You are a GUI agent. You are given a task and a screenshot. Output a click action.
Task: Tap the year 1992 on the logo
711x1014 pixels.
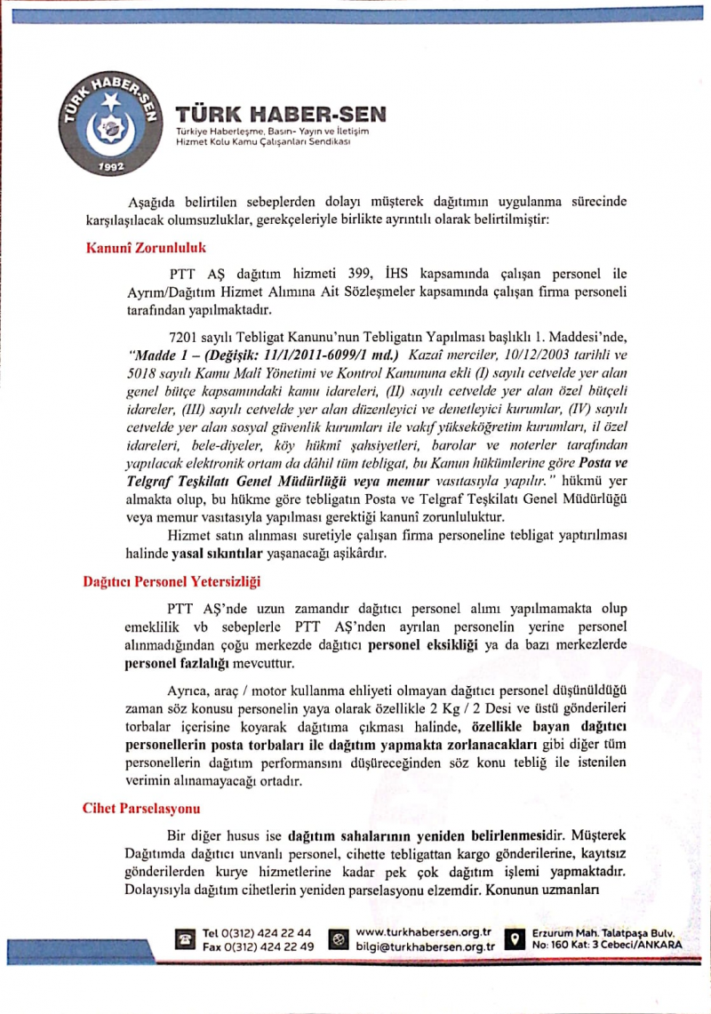(111, 166)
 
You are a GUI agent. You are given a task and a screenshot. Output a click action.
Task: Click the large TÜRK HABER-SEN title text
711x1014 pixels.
(281, 115)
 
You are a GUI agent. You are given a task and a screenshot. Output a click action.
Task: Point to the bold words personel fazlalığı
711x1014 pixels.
(175, 663)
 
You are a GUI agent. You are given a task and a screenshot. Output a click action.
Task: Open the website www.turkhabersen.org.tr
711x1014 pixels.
(423, 932)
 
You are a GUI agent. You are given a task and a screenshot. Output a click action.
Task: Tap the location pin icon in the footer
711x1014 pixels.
(513, 939)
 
